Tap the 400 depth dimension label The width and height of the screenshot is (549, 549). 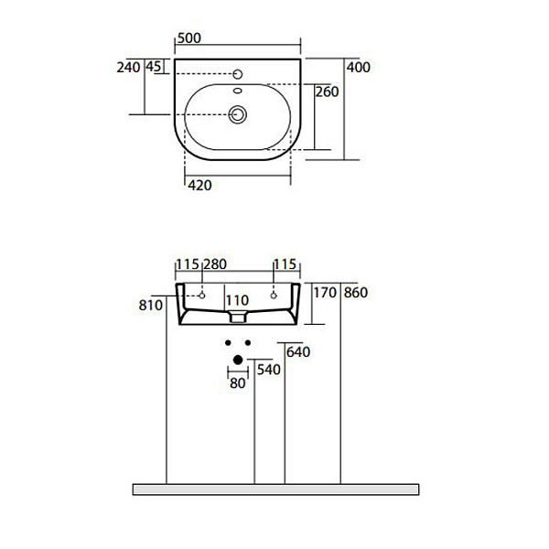point(358,67)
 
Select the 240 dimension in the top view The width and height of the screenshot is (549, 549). point(128,67)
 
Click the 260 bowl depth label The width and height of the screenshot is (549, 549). point(327,91)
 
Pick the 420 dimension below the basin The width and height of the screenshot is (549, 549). point(200,186)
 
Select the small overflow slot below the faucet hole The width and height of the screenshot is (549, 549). point(238,91)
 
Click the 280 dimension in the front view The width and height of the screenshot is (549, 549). point(214,264)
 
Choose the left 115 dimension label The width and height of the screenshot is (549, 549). point(188,264)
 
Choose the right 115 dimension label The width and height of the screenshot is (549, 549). point(286,264)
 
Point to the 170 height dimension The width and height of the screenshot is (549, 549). point(325,294)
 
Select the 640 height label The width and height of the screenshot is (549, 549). point(298,352)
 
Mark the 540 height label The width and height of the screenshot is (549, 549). point(267,371)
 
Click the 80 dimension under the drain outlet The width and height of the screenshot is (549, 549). point(238,384)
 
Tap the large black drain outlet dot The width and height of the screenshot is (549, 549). point(238,360)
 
